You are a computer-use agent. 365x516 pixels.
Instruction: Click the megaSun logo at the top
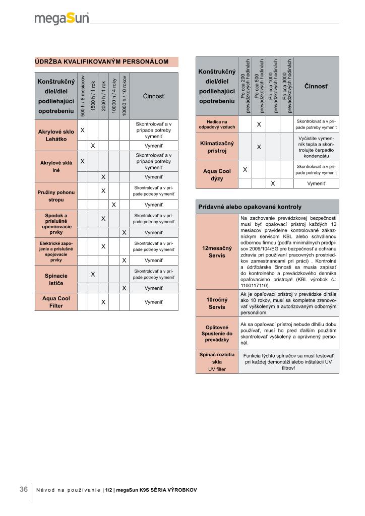click(x=62, y=19)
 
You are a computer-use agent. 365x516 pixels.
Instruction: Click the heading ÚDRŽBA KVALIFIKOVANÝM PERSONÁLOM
click(x=101, y=61)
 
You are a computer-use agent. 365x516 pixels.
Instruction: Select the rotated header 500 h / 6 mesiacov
click(x=83, y=96)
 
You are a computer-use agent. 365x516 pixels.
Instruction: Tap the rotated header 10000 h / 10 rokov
click(x=124, y=96)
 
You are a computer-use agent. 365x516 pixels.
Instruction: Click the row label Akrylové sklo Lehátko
click(x=56, y=135)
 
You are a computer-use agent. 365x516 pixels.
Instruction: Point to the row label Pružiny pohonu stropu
click(x=56, y=196)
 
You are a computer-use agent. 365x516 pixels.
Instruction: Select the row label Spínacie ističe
click(x=56, y=279)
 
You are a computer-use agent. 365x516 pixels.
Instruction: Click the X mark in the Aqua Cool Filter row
click(x=103, y=302)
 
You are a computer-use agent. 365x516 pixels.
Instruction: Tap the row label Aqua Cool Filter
click(x=56, y=302)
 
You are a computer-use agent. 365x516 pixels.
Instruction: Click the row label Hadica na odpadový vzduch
click(x=217, y=124)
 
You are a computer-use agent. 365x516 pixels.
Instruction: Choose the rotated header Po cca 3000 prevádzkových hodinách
click(x=287, y=86)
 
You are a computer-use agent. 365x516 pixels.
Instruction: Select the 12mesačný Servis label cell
click(x=217, y=252)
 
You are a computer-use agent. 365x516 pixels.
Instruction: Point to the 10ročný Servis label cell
click(x=217, y=303)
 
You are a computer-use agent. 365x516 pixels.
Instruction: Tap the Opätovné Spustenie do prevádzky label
click(x=217, y=334)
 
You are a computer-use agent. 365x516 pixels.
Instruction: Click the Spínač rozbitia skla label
click(x=217, y=362)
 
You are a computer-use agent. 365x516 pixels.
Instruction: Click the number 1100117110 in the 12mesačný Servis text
click(x=255, y=285)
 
